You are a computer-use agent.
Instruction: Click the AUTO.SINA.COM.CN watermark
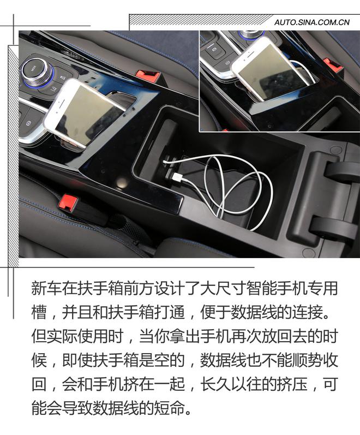311,22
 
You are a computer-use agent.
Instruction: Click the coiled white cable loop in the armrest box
240,186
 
